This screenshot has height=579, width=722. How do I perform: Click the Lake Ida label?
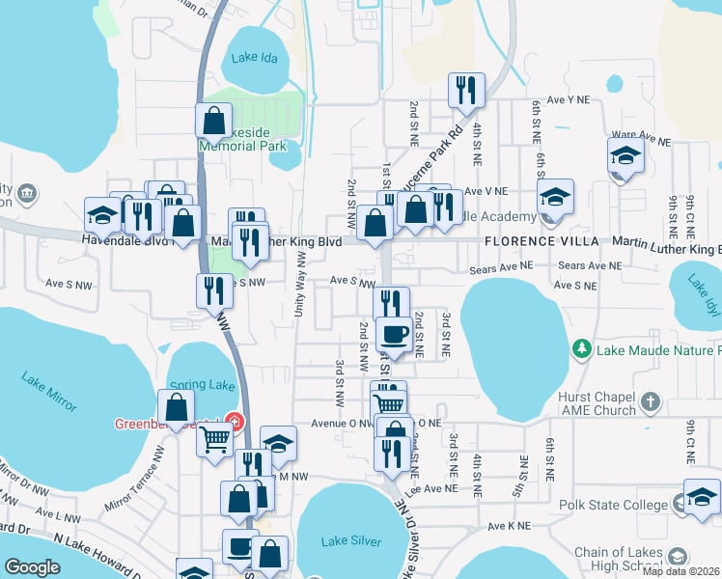click(x=256, y=57)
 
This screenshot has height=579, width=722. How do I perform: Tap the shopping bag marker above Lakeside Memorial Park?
click(x=213, y=123)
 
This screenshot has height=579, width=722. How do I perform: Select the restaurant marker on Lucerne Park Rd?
click(x=466, y=91)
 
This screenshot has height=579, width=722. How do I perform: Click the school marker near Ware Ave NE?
click(x=625, y=156)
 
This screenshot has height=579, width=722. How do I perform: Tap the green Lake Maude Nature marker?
click(x=581, y=348)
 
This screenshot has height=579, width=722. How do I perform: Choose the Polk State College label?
click(x=613, y=505)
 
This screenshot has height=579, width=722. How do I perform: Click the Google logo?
click(x=33, y=567)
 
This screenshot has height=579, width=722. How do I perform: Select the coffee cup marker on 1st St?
click(x=393, y=335)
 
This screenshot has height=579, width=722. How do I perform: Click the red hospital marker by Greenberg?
click(x=233, y=421)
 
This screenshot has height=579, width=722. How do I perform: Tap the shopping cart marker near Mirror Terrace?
click(x=215, y=440)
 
